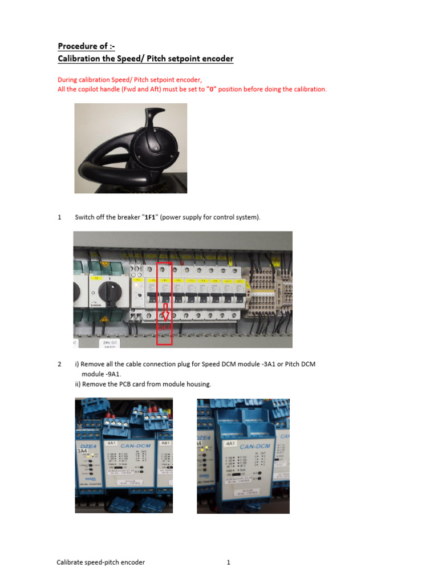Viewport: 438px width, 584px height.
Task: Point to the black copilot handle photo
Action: [131, 148]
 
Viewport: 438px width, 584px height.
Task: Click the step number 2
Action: [59, 364]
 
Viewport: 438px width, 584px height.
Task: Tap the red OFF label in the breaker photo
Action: [164, 327]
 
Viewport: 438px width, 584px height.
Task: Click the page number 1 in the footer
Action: [228, 562]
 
